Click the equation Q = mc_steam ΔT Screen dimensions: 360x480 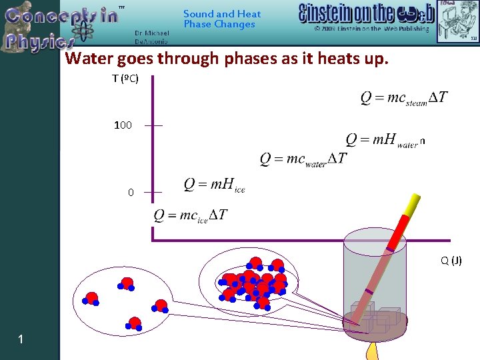[x=404, y=98]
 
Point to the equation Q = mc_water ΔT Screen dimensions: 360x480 [x=303, y=159]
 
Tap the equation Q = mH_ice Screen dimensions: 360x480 [x=214, y=185]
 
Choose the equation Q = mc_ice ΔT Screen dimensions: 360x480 [x=191, y=215]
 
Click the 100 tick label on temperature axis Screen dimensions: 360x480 [x=123, y=125]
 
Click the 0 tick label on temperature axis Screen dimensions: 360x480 [x=131, y=193]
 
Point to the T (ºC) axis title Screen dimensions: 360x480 [x=125, y=79]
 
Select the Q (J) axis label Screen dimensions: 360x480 [x=451, y=260]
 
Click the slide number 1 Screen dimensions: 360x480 [x=21, y=340]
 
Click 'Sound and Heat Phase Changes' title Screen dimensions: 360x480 [x=222, y=19]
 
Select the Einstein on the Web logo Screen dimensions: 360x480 [x=366, y=14]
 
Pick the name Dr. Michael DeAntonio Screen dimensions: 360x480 [x=151, y=37]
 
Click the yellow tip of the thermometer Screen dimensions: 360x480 [x=414, y=202]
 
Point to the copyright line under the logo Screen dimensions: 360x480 [x=372, y=29]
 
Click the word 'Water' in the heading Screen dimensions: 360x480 [x=89, y=59]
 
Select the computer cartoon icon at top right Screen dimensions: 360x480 [x=457, y=20]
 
